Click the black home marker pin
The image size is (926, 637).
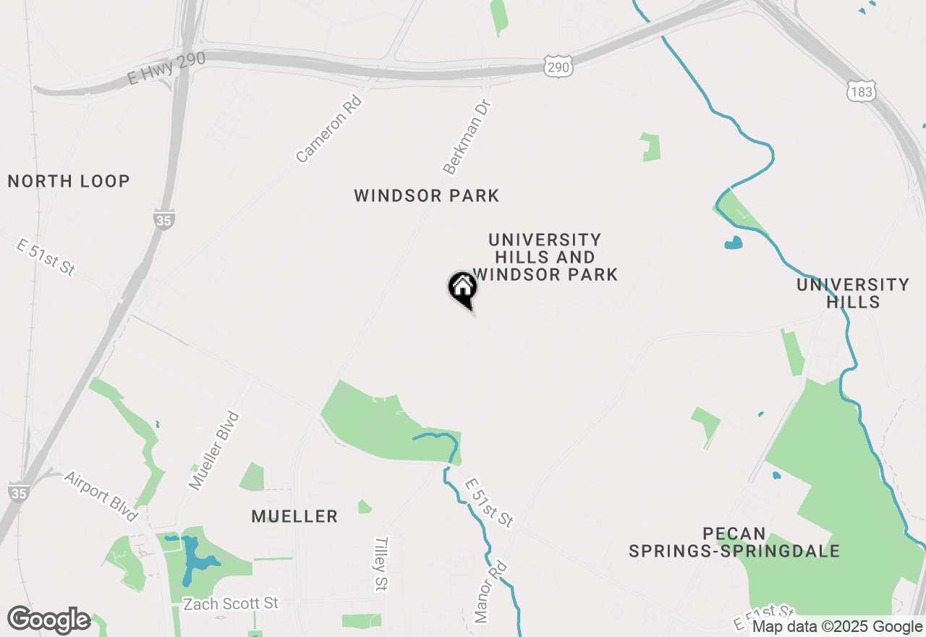coord(462,290)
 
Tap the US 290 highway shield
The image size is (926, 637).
coord(559,66)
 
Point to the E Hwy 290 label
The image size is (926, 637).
coord(167,68)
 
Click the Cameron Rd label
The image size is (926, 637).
coord(328,128)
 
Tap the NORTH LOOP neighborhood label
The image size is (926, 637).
coord(69,181)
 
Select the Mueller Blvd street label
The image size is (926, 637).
coord(213,450)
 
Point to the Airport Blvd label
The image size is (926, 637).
coord(101,497)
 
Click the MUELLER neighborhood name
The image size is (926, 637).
coord(294,516)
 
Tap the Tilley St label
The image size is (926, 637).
coord(382,564)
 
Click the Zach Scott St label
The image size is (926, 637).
coord(230,604)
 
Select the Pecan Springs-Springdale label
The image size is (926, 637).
coord(734,543)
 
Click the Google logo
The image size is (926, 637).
coord(48,620)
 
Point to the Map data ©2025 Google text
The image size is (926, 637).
coord(837,627)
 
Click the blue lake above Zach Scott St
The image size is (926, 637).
coord(193,557)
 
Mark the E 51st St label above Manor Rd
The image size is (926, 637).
coord(489,502)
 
